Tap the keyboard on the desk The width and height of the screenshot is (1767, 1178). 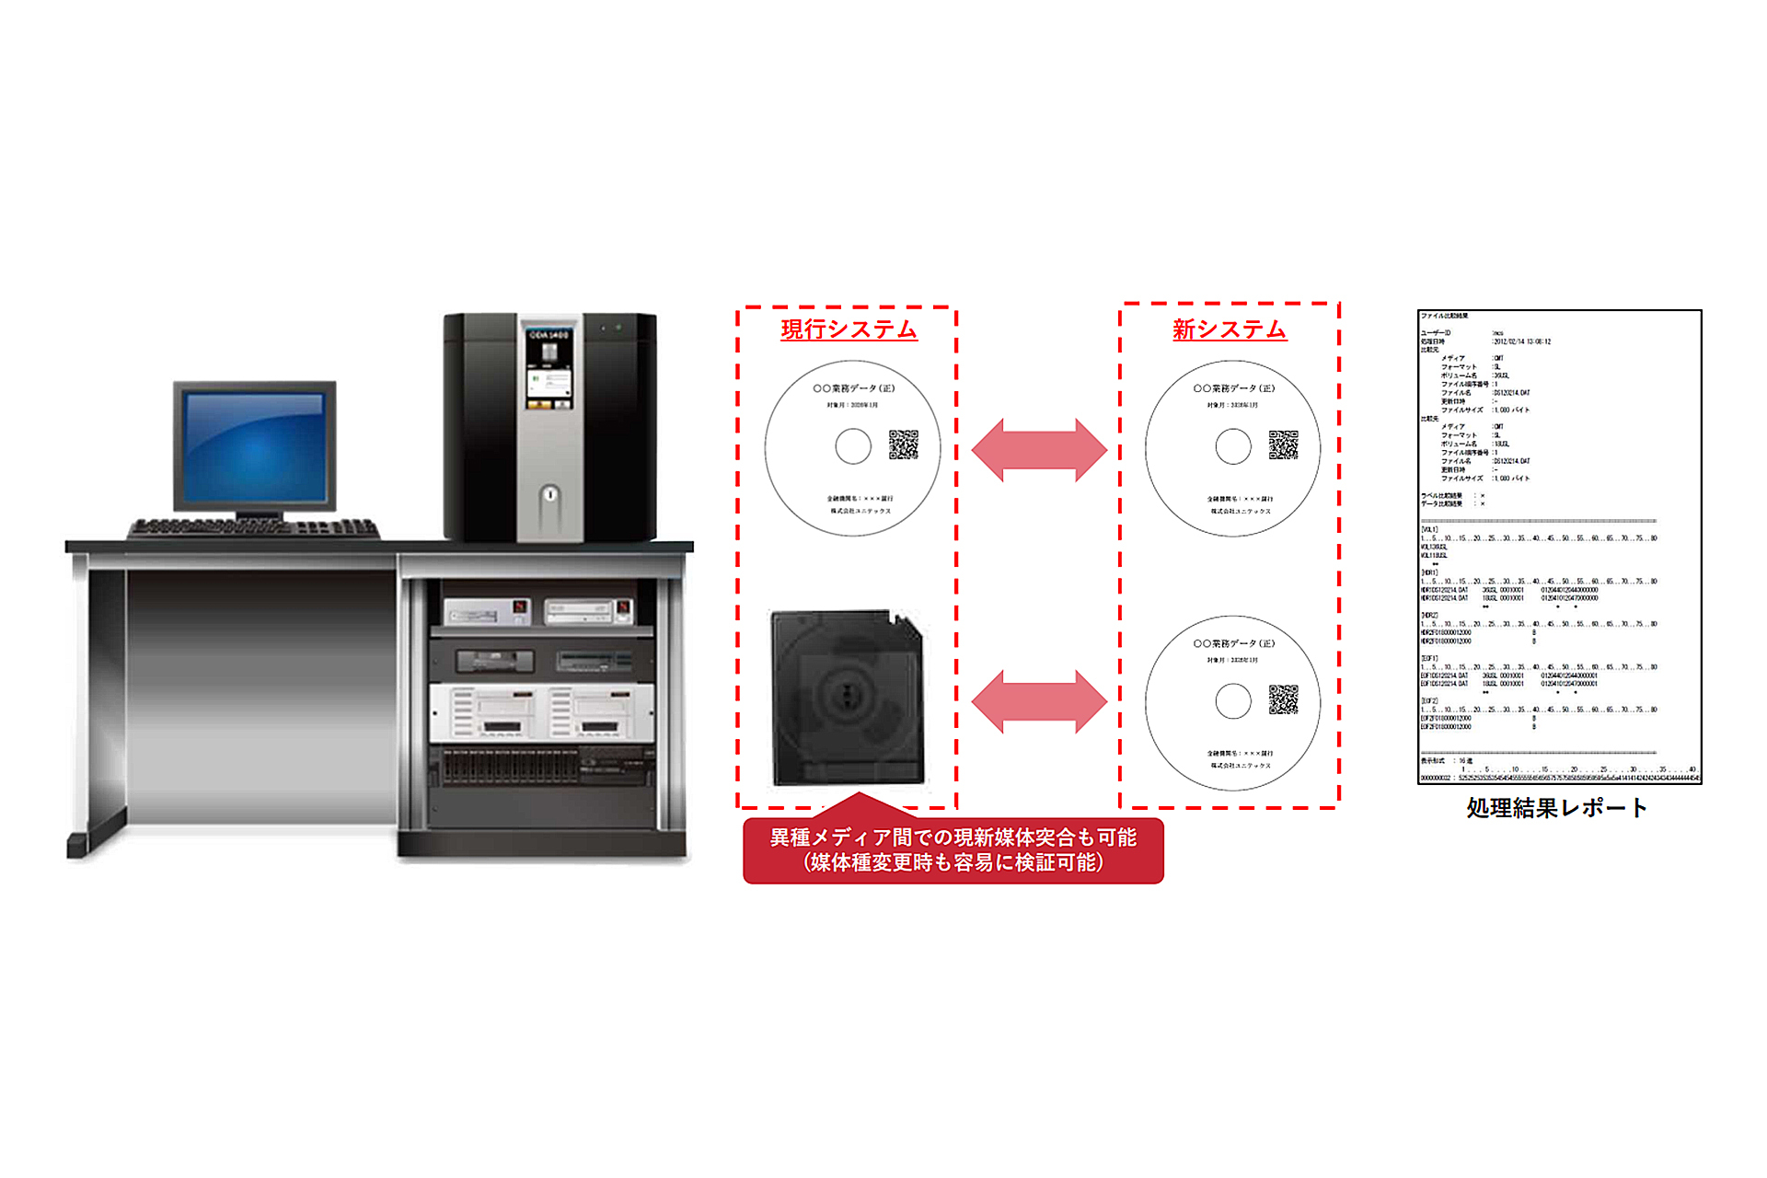pos(254,529)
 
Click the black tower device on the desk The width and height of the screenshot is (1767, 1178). pos(549,427)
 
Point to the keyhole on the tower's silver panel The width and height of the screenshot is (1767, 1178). pos(549,494)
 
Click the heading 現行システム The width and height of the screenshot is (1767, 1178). pos(849,329)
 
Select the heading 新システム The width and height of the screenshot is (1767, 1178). pos(1229,329)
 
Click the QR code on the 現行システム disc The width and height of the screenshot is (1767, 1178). pos(903,445)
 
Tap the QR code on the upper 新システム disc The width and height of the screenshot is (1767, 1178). pos(1283,445)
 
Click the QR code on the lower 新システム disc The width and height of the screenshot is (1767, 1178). pos(1283,699)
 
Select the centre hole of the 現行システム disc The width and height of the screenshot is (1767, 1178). pos(853,446)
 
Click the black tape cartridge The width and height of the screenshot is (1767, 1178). pos(847,697)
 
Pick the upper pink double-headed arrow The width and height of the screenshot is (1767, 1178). pos(1039,450)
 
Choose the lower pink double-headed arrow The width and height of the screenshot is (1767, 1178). pos(1039,701)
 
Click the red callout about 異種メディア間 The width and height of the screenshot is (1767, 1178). pos(953,850)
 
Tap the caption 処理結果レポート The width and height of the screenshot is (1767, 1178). pos(1556,808)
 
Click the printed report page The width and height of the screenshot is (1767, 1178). pos(1559,547)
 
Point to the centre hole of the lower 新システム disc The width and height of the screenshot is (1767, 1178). pos(1233,701)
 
